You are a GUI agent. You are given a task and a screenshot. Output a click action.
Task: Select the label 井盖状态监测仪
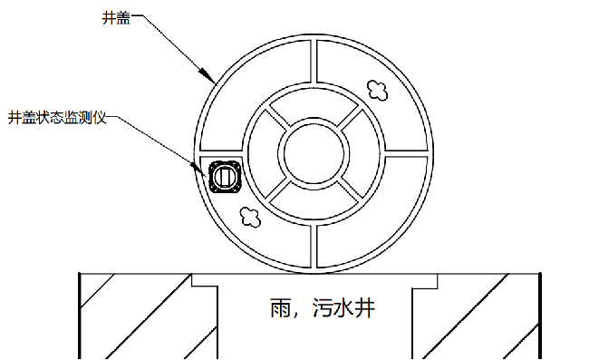tap(57, 117)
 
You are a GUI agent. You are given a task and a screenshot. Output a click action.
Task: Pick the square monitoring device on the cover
tap(224, 174)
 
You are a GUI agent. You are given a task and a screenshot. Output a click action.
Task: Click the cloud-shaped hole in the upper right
tap(377, 87)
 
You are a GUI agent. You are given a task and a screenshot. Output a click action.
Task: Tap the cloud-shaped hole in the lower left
tap(249, 215)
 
